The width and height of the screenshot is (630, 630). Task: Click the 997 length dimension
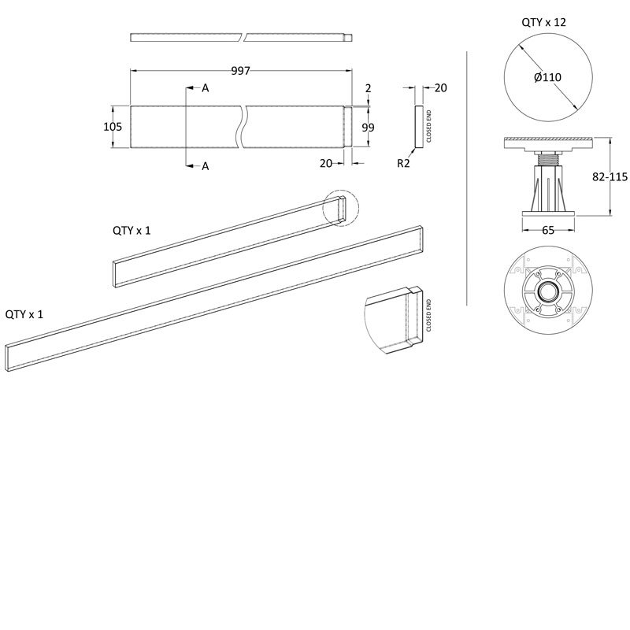pyautogui.click(x=241, y=72)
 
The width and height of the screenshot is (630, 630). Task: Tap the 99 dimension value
pyautogui.click(x=369, y=127)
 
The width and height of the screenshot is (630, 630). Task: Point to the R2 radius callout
pyautogui.click(x=403, y=164)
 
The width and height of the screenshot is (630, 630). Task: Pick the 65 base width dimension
pyautogui.click(x=548, y=231)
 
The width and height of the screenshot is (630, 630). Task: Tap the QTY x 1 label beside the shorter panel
pyautogui.click(x=132, y=230)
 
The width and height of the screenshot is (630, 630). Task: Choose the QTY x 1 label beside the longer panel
pyautogui.click(x=24, y=313)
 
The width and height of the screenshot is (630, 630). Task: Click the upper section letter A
pyautogui.click(x=205, y=89)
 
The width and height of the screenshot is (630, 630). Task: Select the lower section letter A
pyautogui.click(x=205, y=166)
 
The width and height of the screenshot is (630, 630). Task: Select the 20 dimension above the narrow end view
pyautogui.click(x=440, y=88)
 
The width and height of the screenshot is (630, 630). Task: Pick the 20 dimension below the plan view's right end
pyautogui.click(x=327, y=163)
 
